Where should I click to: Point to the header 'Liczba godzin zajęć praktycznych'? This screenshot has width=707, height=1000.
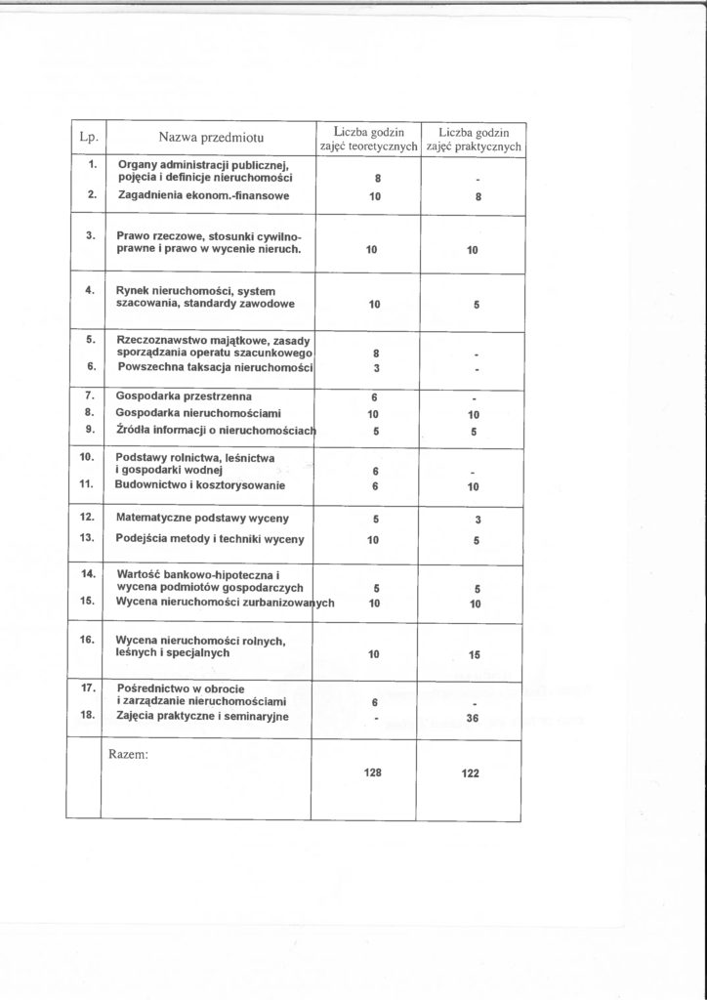[x=476, y=139]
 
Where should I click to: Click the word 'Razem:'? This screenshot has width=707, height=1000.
[x=132, y=753]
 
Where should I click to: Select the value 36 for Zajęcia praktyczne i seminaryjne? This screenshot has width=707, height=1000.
[x=476, y=718]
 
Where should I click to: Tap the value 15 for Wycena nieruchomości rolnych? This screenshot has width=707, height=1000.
[x=476, y=654]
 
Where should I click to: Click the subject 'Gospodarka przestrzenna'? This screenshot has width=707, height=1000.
[x=184, y=396]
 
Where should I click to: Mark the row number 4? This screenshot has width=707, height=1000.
[x=89, y=290]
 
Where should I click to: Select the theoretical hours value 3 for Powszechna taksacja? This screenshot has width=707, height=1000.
[x=375, y=367]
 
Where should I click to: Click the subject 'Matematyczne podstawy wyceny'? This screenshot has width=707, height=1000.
[x=201, y=517]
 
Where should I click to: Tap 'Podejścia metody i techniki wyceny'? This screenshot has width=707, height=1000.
[x=210, y=539]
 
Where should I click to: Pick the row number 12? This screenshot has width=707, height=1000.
[x=86, y=515]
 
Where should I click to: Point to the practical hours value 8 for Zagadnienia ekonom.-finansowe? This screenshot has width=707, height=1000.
[x=476, y=197]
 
